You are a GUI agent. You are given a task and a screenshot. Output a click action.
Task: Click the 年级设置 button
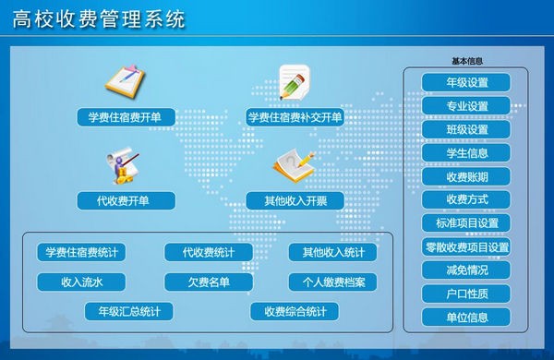pyautogui.click(x=466, y=83)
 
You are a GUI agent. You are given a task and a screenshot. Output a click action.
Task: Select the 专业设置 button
pyautogui.click(x=466, y=106)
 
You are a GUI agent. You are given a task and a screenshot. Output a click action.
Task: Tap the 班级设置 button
pyautogui.click(x=466, y=130)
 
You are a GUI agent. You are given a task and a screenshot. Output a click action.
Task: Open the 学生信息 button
pyautogui.click(x=466, y=153)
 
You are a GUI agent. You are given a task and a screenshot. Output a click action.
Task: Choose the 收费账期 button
pyautogui.click(x=466, y=176)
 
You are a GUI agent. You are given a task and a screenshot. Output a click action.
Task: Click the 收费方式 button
pyautogui.click(x=466, y=199)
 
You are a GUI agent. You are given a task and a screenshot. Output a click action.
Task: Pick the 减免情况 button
pyautogui.click(x=466, y=270)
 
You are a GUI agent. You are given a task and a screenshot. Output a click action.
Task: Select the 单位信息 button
pyautogui.click(x=466, y=318)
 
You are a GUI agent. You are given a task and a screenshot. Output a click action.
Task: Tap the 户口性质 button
pyautogui.click(x=466, y=294)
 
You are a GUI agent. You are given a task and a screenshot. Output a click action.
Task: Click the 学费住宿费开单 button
pyautogui.click(x=124, y=118)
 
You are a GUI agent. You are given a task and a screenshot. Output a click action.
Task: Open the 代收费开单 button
pyautogui.click(x=124, y=200)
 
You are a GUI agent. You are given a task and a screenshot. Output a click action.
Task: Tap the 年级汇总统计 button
pyautogui.click(x=128, y=312)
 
